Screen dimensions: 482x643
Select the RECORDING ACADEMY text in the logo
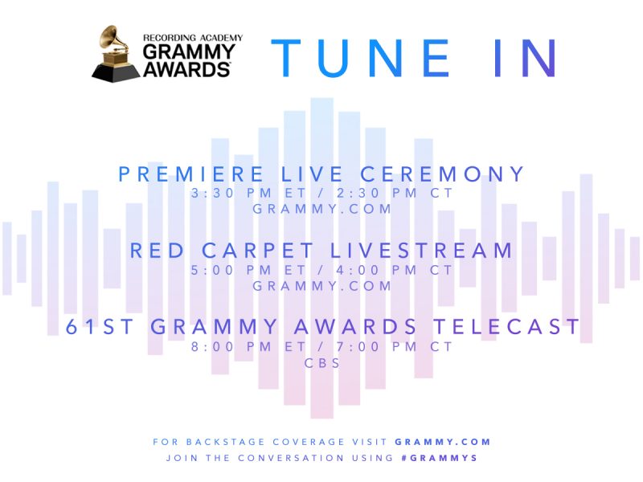coord(192,37)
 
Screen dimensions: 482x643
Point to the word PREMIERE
coord(182,174)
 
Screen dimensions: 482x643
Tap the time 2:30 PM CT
coord(395,194)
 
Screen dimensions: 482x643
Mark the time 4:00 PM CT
coord(395,271)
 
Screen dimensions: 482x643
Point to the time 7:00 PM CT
coord(395,347)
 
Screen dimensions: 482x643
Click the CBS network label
coord(322,363)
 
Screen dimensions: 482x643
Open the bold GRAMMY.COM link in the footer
coord(443,442)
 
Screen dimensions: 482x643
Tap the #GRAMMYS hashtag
coord(440,458)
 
